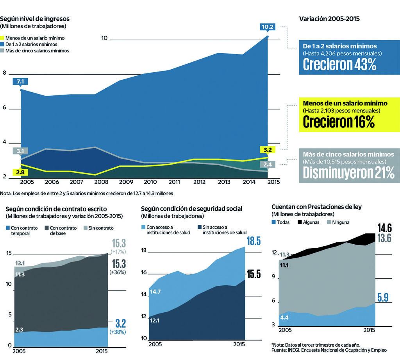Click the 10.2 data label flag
pos(268,27)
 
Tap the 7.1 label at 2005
pos(20,82)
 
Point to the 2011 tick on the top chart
pos(175,182)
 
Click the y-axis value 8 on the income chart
pos(4,73)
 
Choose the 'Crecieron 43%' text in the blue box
pos(339,65)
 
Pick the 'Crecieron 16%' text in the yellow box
pos(339,122)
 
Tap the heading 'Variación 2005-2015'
pos(329,19)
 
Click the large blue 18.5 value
pos(253,241)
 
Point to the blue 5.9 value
pos(383,298)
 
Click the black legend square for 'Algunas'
pos(300,222)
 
